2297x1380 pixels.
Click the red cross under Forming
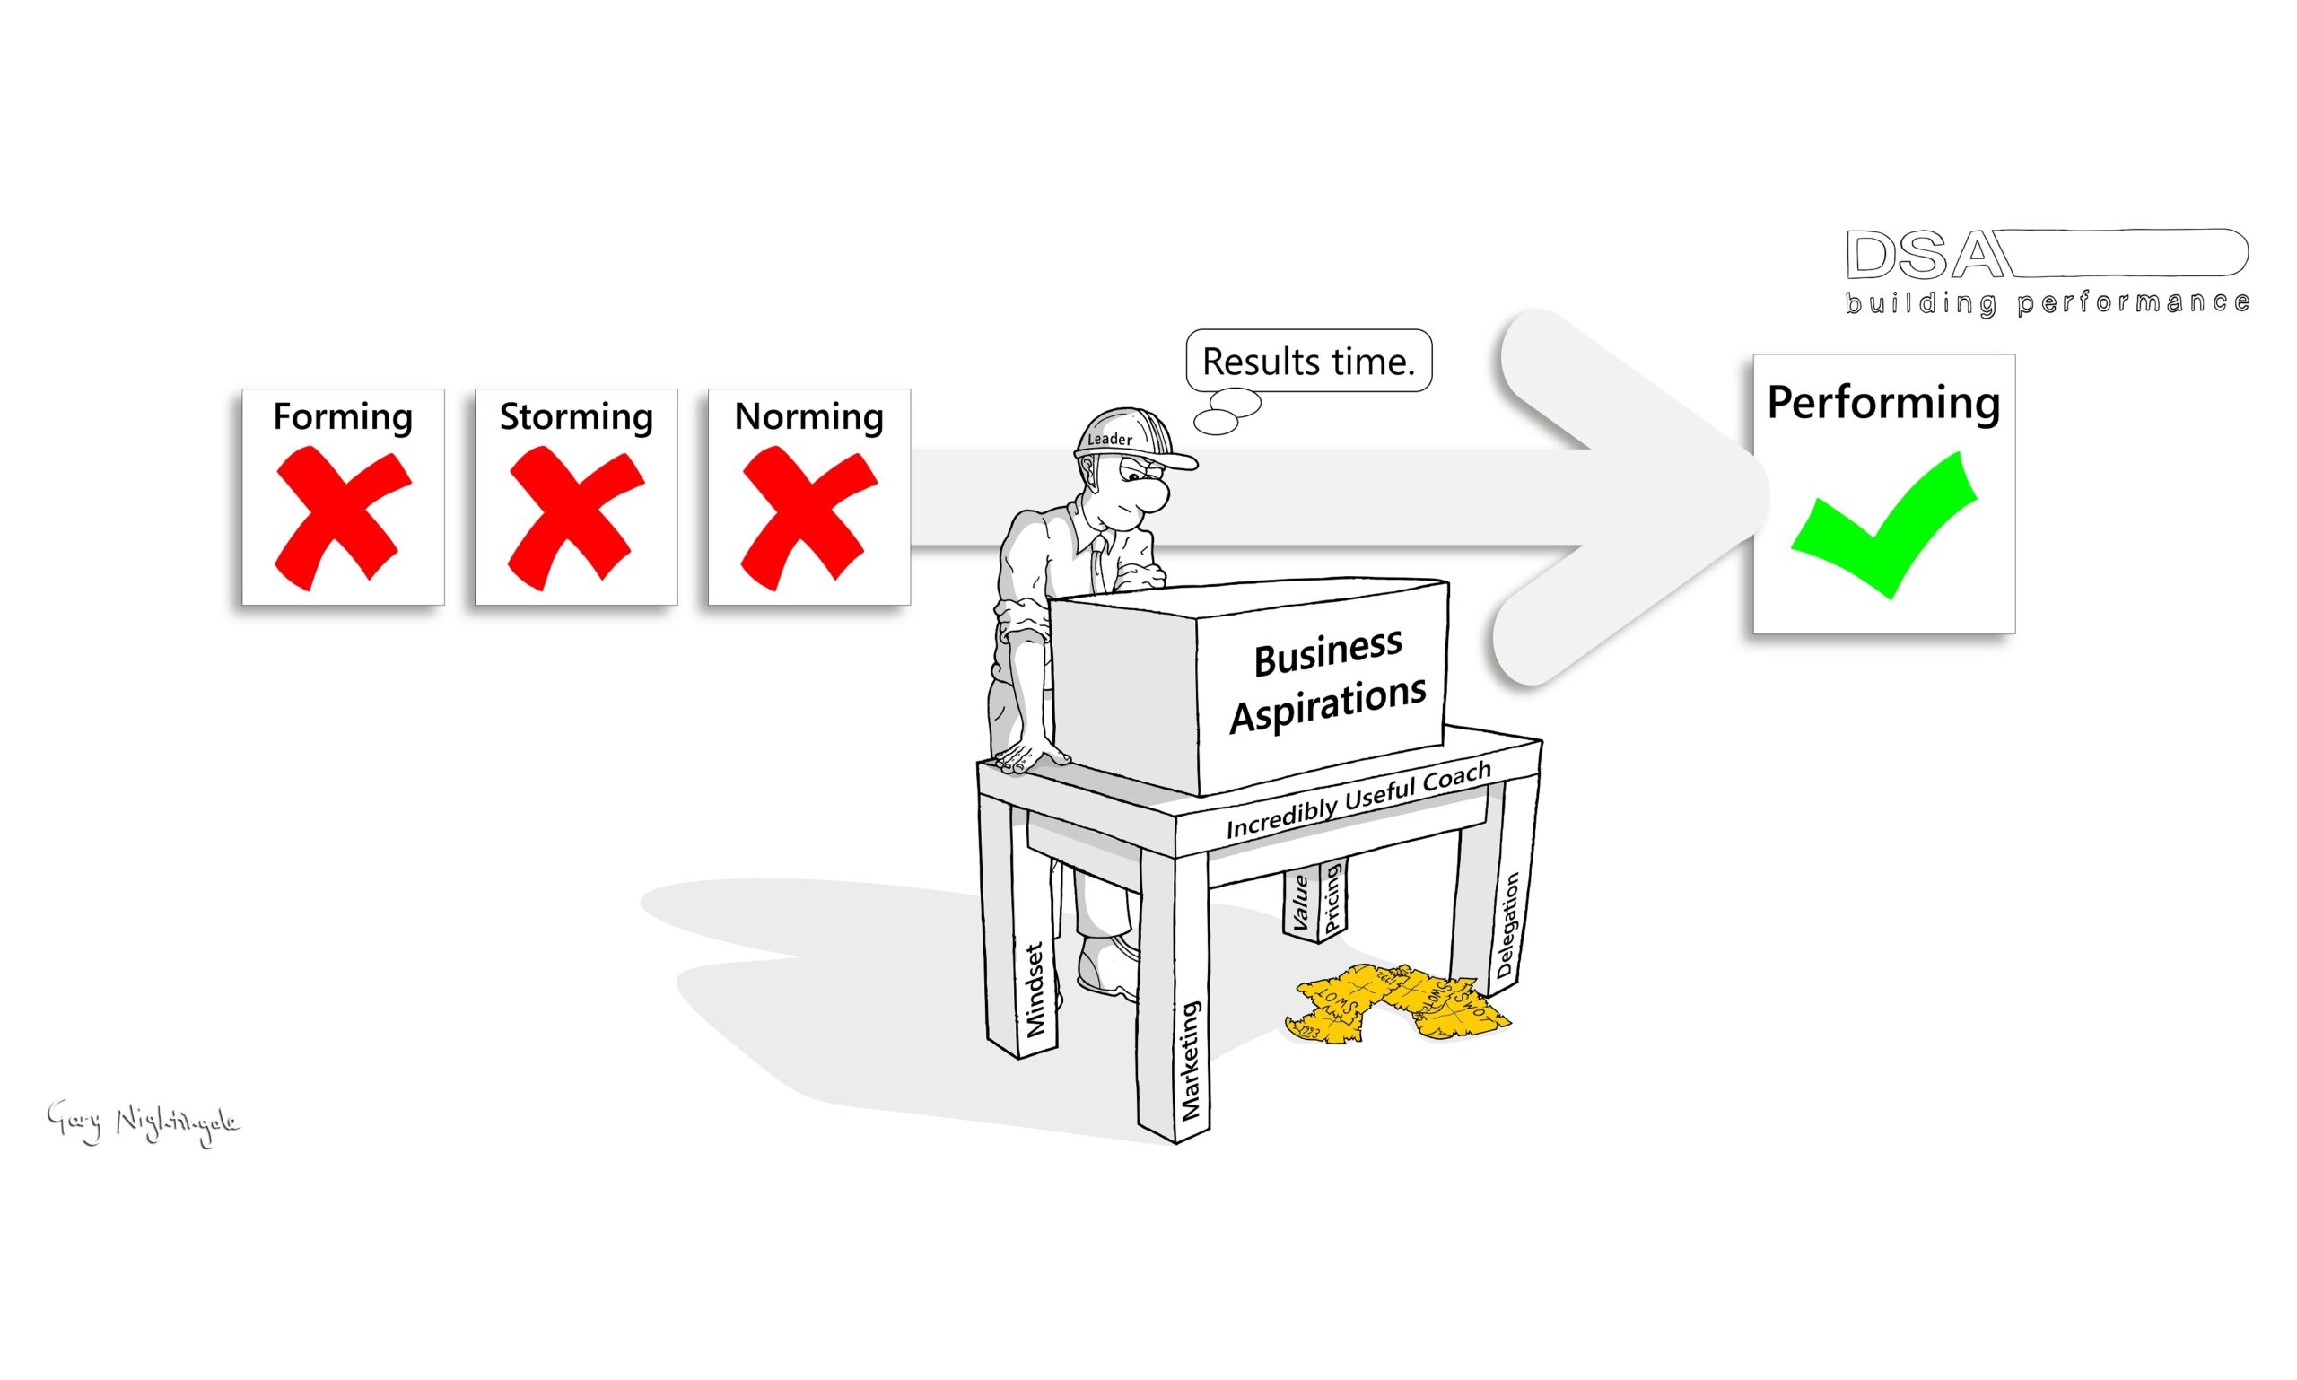pyautogui.click(x=342, y=517)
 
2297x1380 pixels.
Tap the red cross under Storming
pyautogui.click(x=576, y=517)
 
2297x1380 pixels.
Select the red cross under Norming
pyautogui.click(x=808, y=517)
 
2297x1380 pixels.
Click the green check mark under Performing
pyautogui.click(x=1882, y=526)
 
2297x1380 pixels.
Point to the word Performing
pyautogui.click(x=1882, y=403)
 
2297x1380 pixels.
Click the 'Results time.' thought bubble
pyautogui.click(x=1307, y=361)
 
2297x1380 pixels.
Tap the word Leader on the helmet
pyautogui.click(x=1109, y=439)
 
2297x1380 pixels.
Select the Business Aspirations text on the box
pyautogui.click(x=1327, y=682)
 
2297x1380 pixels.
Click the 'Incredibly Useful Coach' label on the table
pyautogui.click(x=1358, y=800)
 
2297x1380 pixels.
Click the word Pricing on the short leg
pyautogui.click(x=1331, y=898)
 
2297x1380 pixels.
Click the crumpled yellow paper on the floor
pyautogui.click(x=1395, y=1005)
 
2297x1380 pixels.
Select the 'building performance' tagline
pyautogui.click(x=2046, y=303)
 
